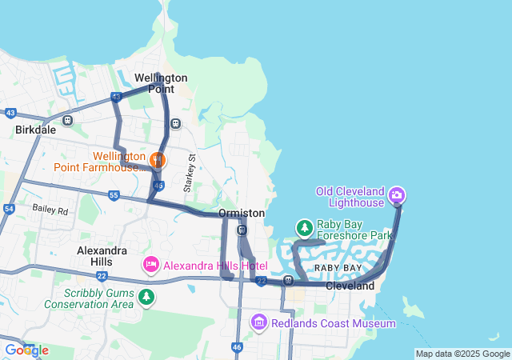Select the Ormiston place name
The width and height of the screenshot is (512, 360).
pyautogui.click(x=242, y=214)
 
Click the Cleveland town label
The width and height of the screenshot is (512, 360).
pyautogui.click(x=350, y=286)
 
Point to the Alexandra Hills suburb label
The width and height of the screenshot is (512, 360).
pyautogui.click(x=102, y=256)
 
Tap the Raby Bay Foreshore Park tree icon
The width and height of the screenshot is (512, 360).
pyautogui.click(x=304, y=229)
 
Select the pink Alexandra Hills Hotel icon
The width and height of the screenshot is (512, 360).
pyautogui.click(x=150, y=264)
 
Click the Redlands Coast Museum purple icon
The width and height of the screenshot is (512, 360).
pyautogui.click(x=259, y=322)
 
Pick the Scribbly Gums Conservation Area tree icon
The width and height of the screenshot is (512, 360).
pyautogui.click(x=146, y=298)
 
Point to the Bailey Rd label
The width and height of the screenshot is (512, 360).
pyautogui.click(x=51, y=209)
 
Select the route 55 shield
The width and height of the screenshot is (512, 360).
pyautogui.click(x=114, y=195)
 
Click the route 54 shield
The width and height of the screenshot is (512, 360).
pyautogui.click(x=9, y=209)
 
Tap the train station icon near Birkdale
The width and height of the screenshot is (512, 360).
pyautogui.click(x=68, y=121)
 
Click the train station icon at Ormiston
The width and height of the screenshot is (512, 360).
pyautogui.click(x=242, y=230)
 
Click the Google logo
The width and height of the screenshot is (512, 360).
pyautogui.click(x=26, y=350)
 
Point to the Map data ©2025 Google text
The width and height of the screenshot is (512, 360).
pyautogui.click(x=462, y=354)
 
